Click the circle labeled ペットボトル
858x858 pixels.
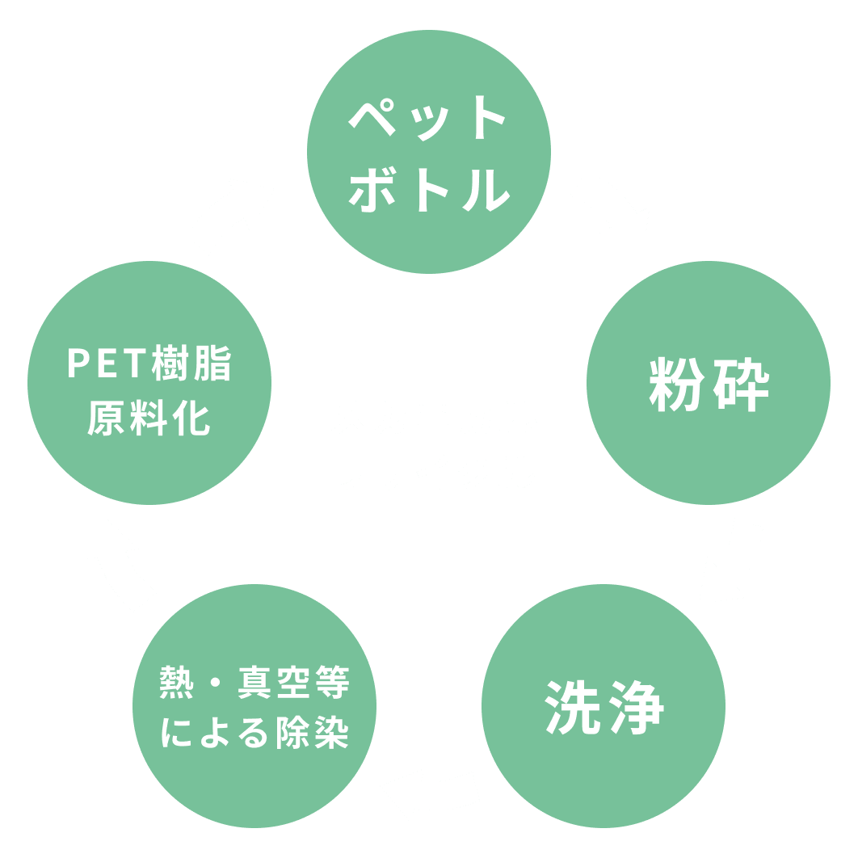[x=429, y=152]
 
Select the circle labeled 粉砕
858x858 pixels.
[x=708, y=383]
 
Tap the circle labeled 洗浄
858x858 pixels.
[x=604, y=705]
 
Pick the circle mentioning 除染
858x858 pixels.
[x=254, y=705]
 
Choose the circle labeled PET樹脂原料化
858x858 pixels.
[x=149, y=383]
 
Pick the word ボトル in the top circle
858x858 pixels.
[x=430, y=190]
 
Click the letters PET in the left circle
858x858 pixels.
[x=107, y=364]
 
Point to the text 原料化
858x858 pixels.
[x=149, y=418]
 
